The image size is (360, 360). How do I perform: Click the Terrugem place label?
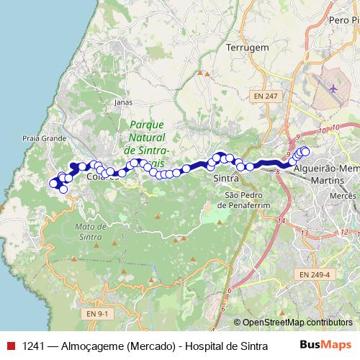click(248, 47)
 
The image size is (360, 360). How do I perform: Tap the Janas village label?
click(123, 102)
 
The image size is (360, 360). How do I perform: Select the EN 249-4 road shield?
click(314, 274)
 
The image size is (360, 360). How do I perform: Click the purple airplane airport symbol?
click(333, 89)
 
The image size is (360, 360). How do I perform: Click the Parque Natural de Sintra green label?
click(147, 137)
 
